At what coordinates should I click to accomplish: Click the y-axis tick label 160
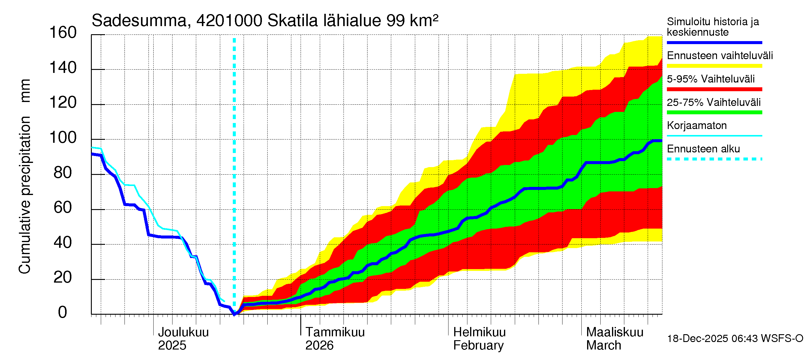pos(63,33)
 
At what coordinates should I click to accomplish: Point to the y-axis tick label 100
pos(63,138)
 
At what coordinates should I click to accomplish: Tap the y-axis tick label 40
pos(63,243)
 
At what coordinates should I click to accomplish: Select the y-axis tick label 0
pos(63,313)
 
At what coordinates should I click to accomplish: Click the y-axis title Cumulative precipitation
pos(25,195)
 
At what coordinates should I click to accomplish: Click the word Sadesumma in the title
pos(139,21)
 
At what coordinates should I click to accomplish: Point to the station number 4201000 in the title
pos(229,21)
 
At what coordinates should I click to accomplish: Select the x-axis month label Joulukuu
pos(183,332)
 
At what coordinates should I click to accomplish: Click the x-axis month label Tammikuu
pos(335,332)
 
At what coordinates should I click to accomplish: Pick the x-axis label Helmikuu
pos(479,332)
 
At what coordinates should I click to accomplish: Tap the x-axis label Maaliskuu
pos(615,332)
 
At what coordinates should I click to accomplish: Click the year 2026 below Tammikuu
pos(319,346)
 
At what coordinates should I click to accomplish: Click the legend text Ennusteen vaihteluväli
pos(720,56)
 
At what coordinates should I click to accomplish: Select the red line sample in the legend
pos(714,89)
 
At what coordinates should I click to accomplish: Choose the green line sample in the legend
pos(714,112)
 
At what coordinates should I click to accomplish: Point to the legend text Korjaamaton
pos(697,125)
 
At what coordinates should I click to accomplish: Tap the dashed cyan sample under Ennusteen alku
pos(714,159)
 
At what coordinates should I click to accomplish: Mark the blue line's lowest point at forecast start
pos(234,314)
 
